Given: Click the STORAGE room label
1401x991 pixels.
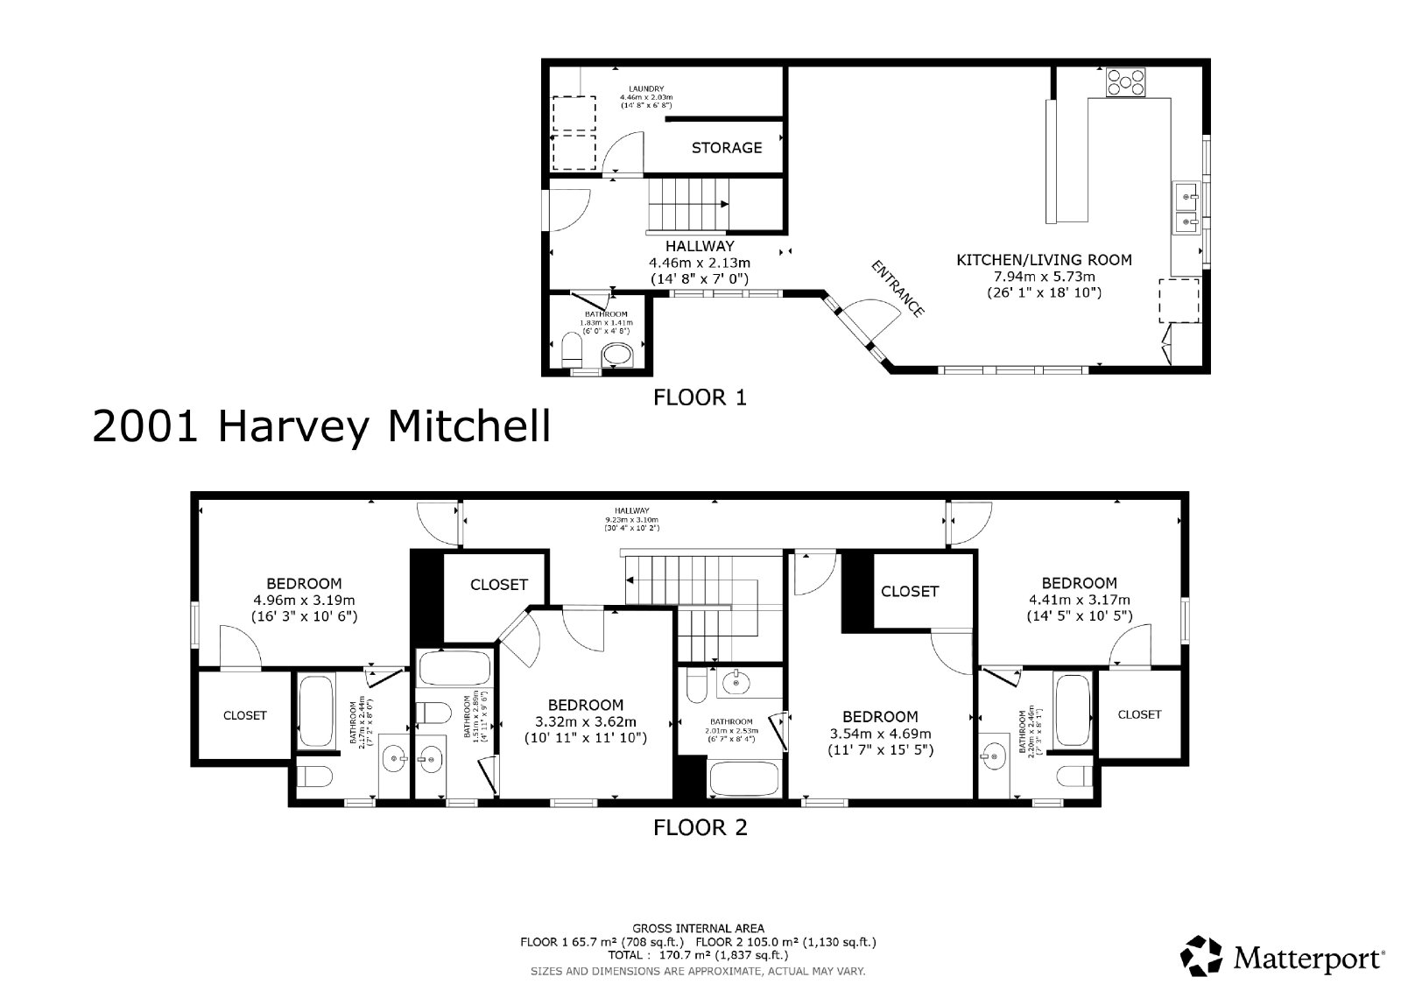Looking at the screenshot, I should point(726,148).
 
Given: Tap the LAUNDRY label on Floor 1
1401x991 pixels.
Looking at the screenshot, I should point(646,88).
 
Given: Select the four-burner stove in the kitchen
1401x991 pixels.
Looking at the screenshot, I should point(1125,81).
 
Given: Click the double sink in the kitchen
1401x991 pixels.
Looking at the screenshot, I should point(1185,208).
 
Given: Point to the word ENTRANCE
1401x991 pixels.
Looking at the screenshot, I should point(897,288).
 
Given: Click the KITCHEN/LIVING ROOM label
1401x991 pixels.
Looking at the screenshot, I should point(1044,260).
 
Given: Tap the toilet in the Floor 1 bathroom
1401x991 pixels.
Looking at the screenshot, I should point(571,354).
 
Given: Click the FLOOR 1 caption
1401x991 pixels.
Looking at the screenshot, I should point(700,398).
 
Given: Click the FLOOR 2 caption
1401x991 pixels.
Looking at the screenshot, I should point(700,827).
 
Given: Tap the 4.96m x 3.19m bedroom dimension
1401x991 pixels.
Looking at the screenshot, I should point(304,601).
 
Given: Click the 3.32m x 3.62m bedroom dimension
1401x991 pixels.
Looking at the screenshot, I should point(585,721).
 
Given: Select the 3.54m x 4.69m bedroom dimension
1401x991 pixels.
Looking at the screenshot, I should point(880,734).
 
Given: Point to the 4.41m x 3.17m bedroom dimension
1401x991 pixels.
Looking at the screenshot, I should point(1079,600).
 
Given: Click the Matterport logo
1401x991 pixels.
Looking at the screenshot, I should point(1284,956).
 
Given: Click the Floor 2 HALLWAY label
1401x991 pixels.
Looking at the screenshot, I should point(631,510).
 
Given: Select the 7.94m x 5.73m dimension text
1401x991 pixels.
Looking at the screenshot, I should point(1044,277).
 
